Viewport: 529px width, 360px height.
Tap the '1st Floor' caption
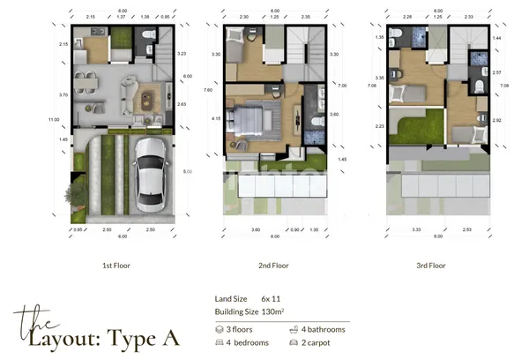118,264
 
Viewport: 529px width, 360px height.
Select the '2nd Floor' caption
274,264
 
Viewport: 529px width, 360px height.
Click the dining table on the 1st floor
86,82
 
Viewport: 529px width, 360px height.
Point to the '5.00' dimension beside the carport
186,172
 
